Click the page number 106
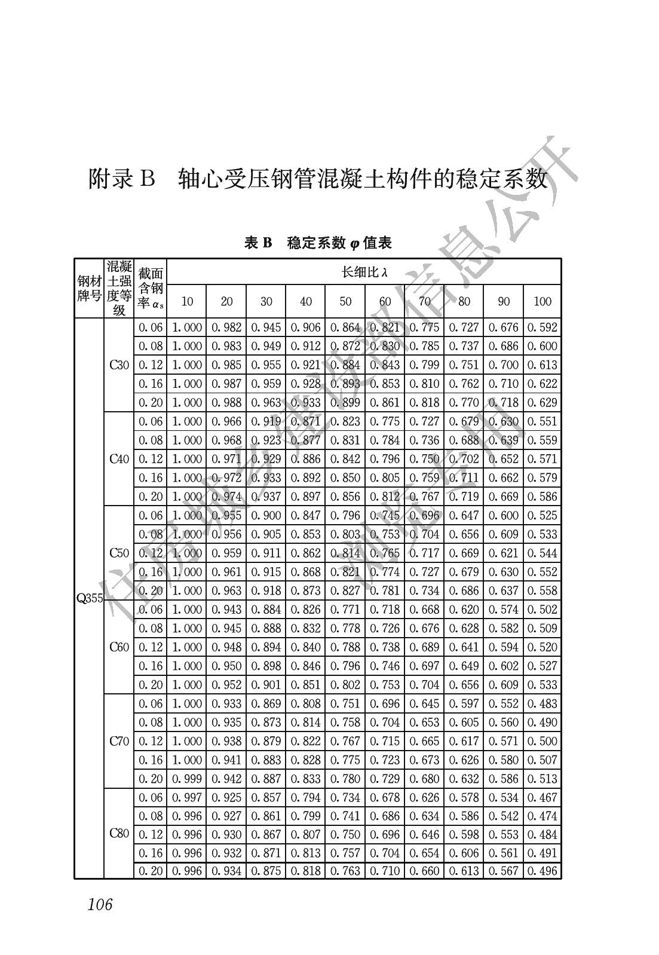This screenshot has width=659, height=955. pyautogui.click(x=100, y=905)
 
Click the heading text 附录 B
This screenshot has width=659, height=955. pyautogui.click(x=122, y=178)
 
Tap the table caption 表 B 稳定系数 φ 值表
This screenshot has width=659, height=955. pyautogui.click(x=318, y=243)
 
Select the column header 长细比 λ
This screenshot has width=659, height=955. pyautogui.click(x=364, y=273)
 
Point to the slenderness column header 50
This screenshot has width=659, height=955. pyautogui.click(x=345, y=301)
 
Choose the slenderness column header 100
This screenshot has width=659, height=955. pyautogui.click(x=542, y=301)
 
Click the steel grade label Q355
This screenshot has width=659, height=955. pyautogui.click(x=90, y=598)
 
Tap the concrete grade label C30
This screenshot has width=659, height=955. pyautogui.click(x=119, y=365)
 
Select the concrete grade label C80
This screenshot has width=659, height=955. pyautogui.click(x=119, y=833)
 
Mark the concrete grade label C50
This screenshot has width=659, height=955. pyautogui.click(x=119, y=553)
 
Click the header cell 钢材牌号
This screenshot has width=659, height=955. pyautogui.click(x=89, y=288)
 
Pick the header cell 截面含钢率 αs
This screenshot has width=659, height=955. pyautogui.click(x=151, y=288)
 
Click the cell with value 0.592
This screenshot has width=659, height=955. pyautogui.click(x=542, y=327)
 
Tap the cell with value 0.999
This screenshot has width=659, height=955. pyautogui.click(x=187, y=779)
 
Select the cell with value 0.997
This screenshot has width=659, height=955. pyautogui.click(x=187, y=797)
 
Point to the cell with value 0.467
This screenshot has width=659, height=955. pyautogui.click(x=542, y=797)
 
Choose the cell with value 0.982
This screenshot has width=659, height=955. pyautogui.click(x=226, y=327)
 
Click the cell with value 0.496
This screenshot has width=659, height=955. pyautogui.click(x=542, y=871)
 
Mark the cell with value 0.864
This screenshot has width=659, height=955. pyautogui.click(x=345, y=327)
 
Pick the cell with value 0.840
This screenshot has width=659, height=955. pyautogui.click(x=306, y=647)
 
